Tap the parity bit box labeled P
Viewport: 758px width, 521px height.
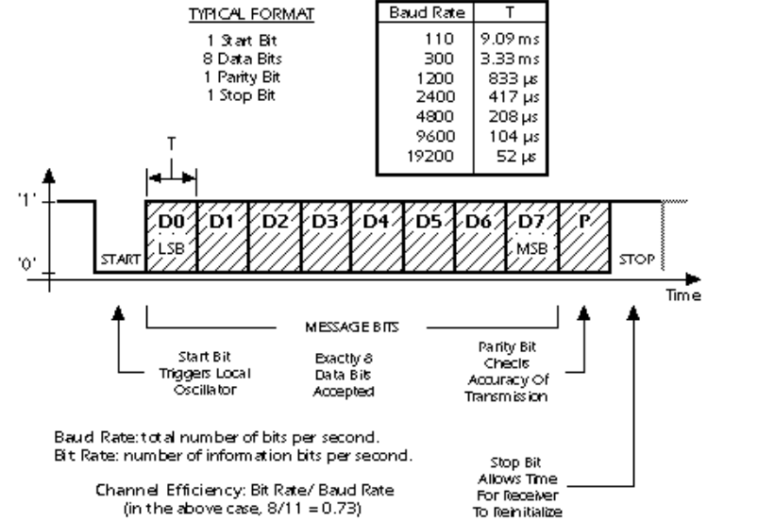tap(584, 236)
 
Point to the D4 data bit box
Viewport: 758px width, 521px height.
tap(378, 236)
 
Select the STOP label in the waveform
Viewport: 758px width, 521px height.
tap(635, 255)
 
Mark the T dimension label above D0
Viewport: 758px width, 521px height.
tap(172, 150)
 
